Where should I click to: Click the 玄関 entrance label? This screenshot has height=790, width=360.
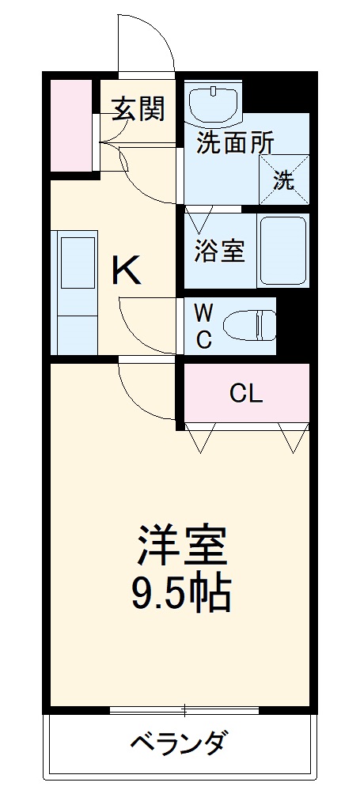138,109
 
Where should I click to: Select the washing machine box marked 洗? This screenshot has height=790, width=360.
283,180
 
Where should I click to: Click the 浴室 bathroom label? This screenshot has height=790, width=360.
220,251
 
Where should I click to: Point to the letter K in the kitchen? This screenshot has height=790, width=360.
126,271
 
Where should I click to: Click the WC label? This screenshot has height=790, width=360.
203,324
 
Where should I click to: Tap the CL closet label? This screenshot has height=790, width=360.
245,392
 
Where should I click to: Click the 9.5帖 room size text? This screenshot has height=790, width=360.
181,593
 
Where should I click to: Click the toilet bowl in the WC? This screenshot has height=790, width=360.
248,325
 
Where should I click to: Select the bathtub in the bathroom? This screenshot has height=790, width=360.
282,251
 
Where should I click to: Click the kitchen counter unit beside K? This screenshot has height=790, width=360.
76,292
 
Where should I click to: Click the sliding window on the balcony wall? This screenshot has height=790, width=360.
184,709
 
